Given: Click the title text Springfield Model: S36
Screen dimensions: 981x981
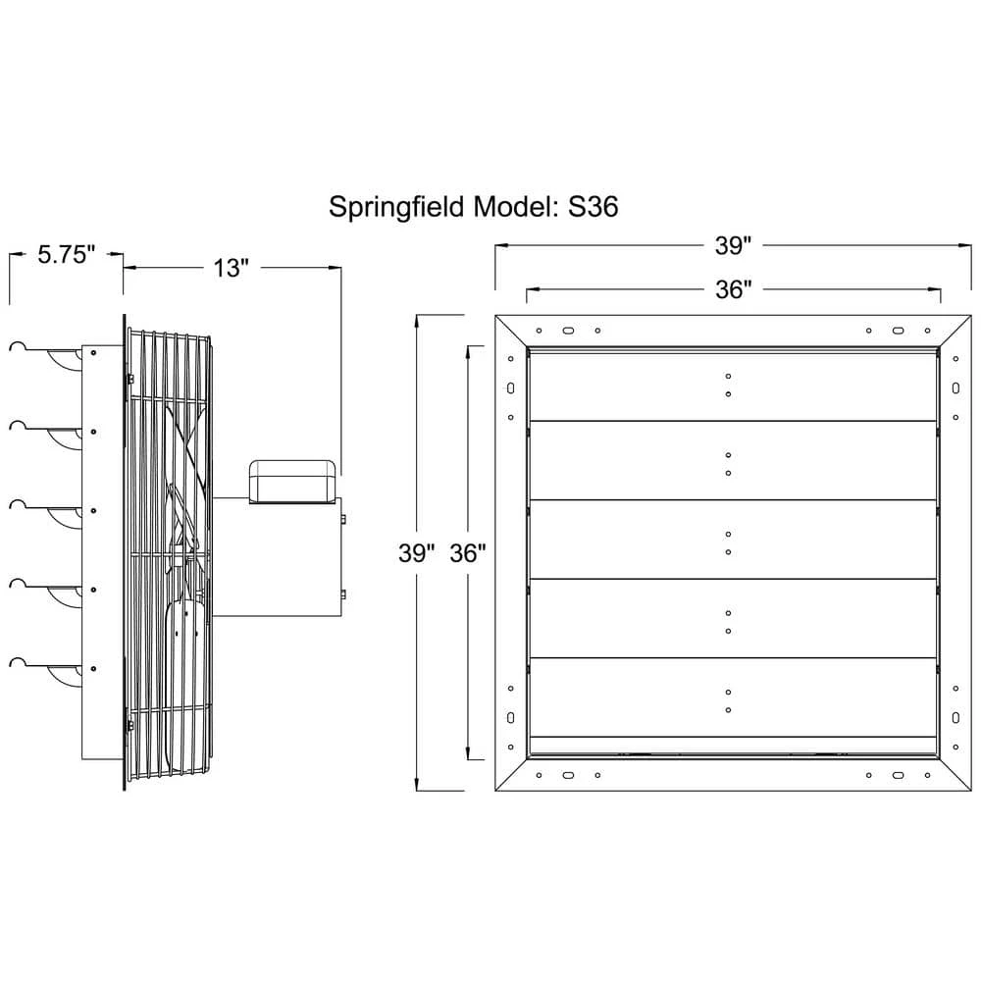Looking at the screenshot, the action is (x=474, y=207).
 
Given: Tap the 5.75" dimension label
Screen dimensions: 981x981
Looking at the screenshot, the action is (x=67, y=255).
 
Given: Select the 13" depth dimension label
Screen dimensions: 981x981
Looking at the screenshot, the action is (x=232, y=268).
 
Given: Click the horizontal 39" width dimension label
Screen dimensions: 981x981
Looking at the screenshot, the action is (x=733, y=246).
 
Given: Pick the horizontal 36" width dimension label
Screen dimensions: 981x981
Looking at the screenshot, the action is (x=733, y=289).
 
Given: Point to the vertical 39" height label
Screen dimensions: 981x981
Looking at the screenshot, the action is (x=416, y=553).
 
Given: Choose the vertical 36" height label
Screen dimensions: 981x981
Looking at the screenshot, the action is (x=467, y=553).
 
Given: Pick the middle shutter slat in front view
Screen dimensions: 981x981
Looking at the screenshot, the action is (x=733, y=540).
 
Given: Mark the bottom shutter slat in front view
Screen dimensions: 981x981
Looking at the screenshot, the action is (x=733, y=697).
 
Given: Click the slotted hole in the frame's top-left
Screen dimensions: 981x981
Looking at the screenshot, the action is (x=568, y=331).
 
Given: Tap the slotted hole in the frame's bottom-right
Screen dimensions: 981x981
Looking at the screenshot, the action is (x=898, y=775).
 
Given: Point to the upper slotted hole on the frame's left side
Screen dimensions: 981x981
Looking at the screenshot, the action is (x=510, y=388).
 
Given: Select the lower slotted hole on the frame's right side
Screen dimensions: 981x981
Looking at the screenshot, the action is (x=955, y=718).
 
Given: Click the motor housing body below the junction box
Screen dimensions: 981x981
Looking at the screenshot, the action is (x=278, y=557).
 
